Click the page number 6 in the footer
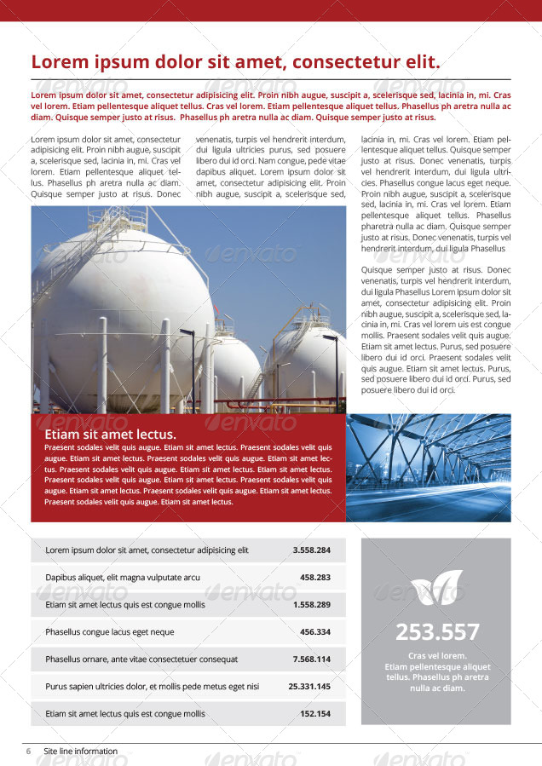click(x=28, y=751)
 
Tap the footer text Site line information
click(x=81, y=751)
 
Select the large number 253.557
click(x=437, y=631)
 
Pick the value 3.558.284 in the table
click(x=311, y=550)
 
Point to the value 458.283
click(x=315, y=577)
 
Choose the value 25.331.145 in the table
click(x=309, y=686)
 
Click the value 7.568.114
click(x=311, y=659)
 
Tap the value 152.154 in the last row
click(x=315, y=713)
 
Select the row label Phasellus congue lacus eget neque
click(x=110, y=631)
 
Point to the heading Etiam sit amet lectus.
click(x=110, y=434)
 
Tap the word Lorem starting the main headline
click(x=59, y=61)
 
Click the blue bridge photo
click(x=429, y=467)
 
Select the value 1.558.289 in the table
click(x=311, y=604)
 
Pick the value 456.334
click(x=315, y=631)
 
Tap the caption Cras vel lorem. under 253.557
click(x=437, y=655)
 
